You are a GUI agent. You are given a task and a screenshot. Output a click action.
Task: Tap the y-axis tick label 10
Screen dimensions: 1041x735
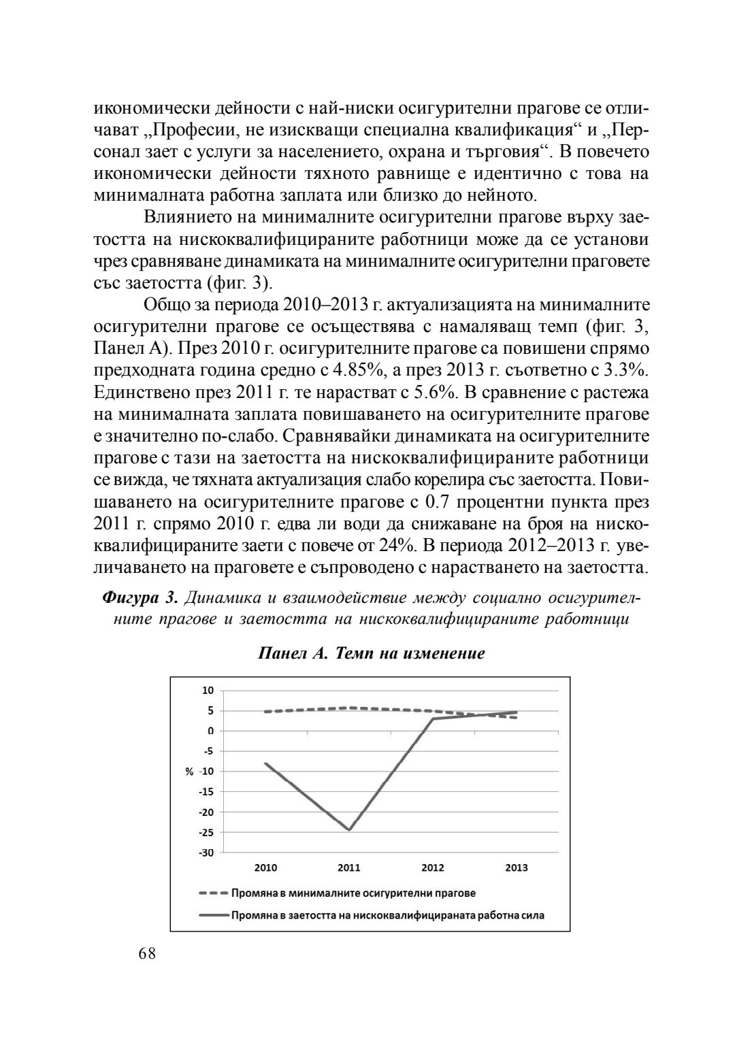[208, 690]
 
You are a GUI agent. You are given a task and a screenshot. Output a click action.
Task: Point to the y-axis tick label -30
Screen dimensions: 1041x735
[206, 853]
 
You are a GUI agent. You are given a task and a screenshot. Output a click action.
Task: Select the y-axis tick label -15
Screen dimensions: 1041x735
[206, 791]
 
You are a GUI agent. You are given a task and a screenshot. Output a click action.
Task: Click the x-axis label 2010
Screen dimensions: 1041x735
[265, 868]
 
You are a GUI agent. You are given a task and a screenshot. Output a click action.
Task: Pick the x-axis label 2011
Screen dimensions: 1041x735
[349, 868]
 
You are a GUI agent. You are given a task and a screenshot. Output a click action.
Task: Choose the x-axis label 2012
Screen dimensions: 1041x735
[433, 868]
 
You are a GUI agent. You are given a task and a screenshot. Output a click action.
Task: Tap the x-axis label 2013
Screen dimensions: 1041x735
[517, 868]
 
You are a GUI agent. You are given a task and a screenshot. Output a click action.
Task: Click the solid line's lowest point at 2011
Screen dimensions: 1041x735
[349, 830]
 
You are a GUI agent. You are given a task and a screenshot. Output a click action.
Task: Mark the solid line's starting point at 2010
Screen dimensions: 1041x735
[265, 763]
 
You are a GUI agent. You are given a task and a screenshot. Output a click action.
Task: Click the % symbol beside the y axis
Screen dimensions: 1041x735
[189, 772]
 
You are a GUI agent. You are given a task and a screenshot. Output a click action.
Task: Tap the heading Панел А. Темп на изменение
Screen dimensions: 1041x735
[371, 654]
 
